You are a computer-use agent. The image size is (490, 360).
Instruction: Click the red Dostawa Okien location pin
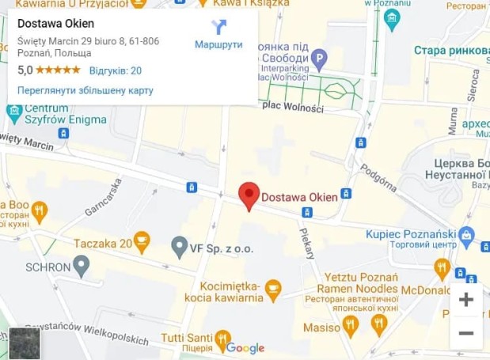click(x=249, y=195)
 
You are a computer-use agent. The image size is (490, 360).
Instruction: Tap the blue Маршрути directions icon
click(x=218, y=27)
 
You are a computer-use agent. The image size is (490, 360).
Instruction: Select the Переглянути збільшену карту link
click(x=85, y=90)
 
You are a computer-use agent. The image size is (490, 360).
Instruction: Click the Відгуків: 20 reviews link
click(x=115, y=70)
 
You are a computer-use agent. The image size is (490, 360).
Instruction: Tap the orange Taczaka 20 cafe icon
click(x=142, y=243)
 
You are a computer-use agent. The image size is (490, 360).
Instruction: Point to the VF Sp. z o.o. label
click(x=221, y=248)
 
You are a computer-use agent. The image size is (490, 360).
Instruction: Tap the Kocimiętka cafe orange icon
click(x=272, y=286)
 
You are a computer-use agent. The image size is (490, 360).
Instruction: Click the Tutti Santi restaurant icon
click(x=222, y=337)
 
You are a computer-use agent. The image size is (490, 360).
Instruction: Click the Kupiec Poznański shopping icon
click(x=466, y=234)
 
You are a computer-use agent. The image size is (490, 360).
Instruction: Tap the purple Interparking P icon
click(x=318, y=57)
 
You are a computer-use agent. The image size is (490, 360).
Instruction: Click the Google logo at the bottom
click(x=245, y=347)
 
